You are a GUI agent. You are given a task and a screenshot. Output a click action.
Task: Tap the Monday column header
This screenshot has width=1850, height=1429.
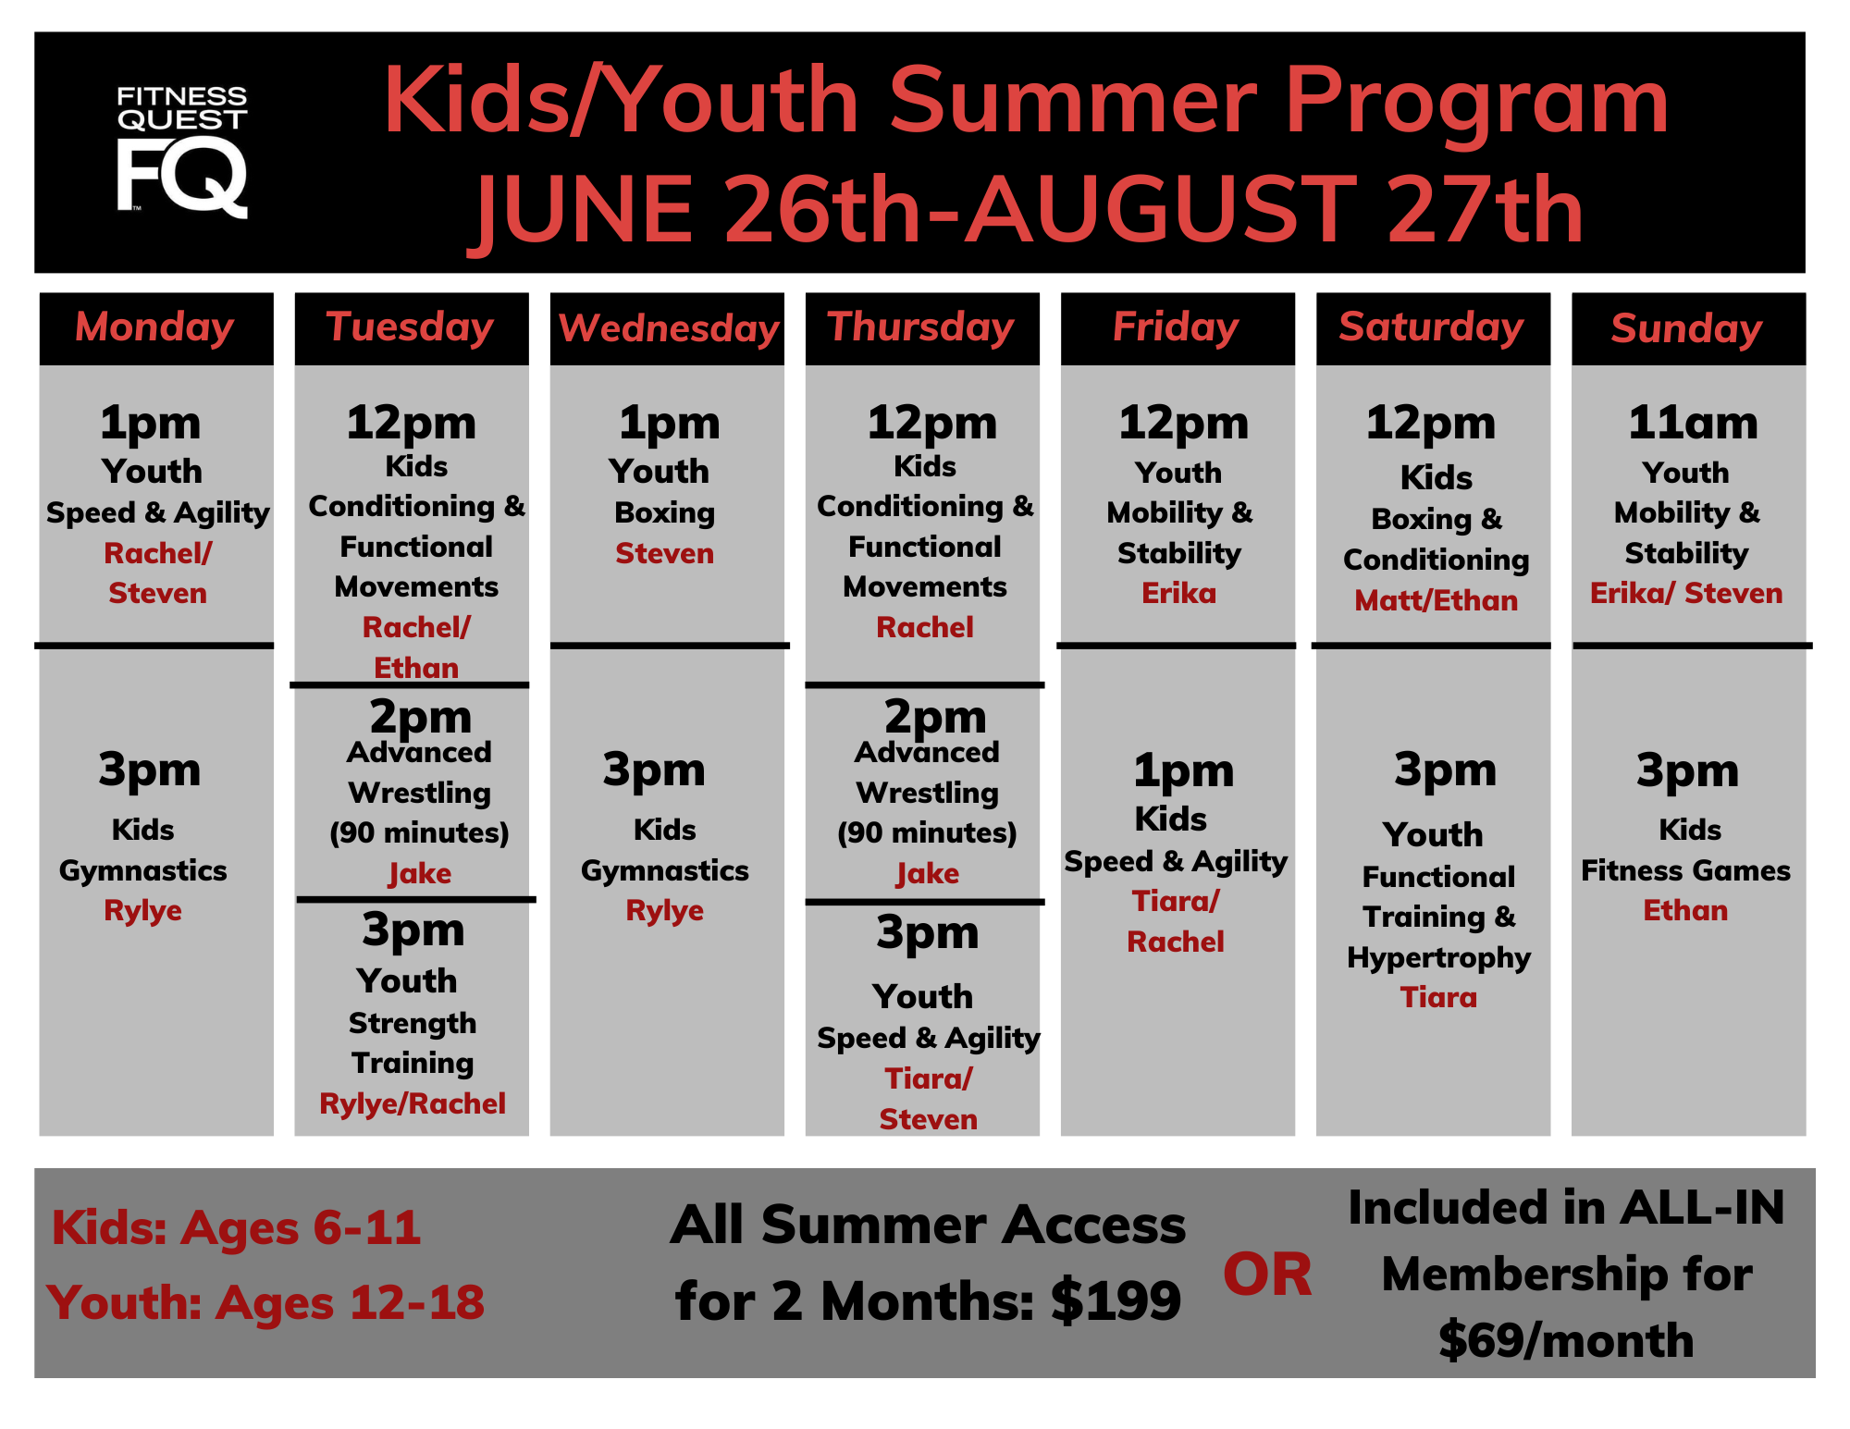click(x=154, y=327)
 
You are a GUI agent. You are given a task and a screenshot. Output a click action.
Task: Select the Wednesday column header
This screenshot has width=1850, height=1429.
click(x=668, y=328)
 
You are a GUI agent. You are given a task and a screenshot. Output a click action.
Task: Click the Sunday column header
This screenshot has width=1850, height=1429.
click(x=1686, y=328)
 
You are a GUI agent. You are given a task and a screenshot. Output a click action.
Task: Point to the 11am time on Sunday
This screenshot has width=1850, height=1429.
click(x=1693, y=422)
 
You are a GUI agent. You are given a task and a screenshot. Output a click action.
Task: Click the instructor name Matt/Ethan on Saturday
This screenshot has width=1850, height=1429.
click(x=1436, y=600)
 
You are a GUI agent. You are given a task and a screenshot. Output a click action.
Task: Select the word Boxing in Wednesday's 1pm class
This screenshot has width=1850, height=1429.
click(x=664, y=513)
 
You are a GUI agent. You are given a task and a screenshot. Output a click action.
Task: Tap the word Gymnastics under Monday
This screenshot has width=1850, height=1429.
click(x=142, y=871)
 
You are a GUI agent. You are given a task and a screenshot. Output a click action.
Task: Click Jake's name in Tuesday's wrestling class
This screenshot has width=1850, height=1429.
click(x=419, y=874)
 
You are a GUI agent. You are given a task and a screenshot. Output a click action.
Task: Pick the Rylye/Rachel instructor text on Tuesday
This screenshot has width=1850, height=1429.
click(x=413, y=1103)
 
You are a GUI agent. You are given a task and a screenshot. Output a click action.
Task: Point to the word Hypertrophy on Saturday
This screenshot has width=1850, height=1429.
click(x=1438, y=958)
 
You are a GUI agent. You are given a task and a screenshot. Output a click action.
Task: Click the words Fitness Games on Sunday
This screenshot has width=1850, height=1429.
click(x=1685, y=870)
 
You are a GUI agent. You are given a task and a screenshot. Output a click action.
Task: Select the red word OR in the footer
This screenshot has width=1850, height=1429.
click(x=1267, y=1275)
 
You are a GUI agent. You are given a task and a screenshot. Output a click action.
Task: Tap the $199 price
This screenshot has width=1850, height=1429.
click(x=1116, y=1300)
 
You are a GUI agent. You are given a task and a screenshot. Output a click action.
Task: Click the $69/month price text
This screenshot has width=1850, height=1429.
click(x=1566, y=1340)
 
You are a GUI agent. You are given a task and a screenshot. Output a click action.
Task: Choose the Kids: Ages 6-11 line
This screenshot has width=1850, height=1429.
click(x=237, y=1228)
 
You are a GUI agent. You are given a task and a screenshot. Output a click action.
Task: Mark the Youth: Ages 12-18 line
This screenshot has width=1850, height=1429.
click(x=265, y=1302)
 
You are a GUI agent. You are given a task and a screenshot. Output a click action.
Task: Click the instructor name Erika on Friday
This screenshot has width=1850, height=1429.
click(x=1178, y=593)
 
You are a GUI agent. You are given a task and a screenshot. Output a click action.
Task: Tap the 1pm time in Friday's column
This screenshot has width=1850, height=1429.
click(x=1183, y=770)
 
